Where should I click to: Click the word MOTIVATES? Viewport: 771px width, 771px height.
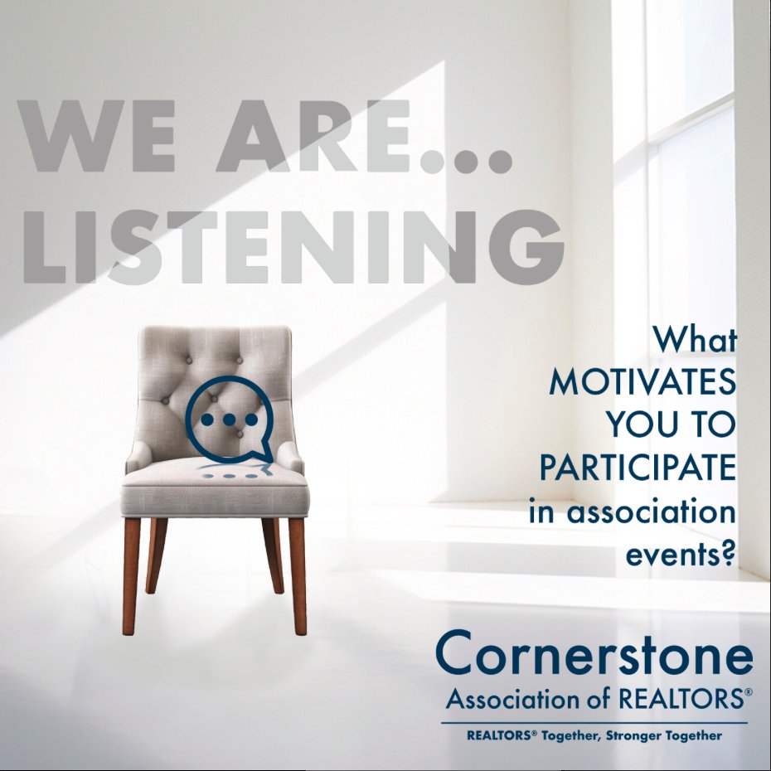642,383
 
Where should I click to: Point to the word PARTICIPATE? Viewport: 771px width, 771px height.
638,468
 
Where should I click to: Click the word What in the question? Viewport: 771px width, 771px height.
695,340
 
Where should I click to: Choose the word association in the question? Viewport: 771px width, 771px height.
652,512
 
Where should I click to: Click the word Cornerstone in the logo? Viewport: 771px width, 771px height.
594,655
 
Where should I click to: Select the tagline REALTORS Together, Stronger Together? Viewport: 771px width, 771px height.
594,735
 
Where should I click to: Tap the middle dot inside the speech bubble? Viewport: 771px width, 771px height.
229,419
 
